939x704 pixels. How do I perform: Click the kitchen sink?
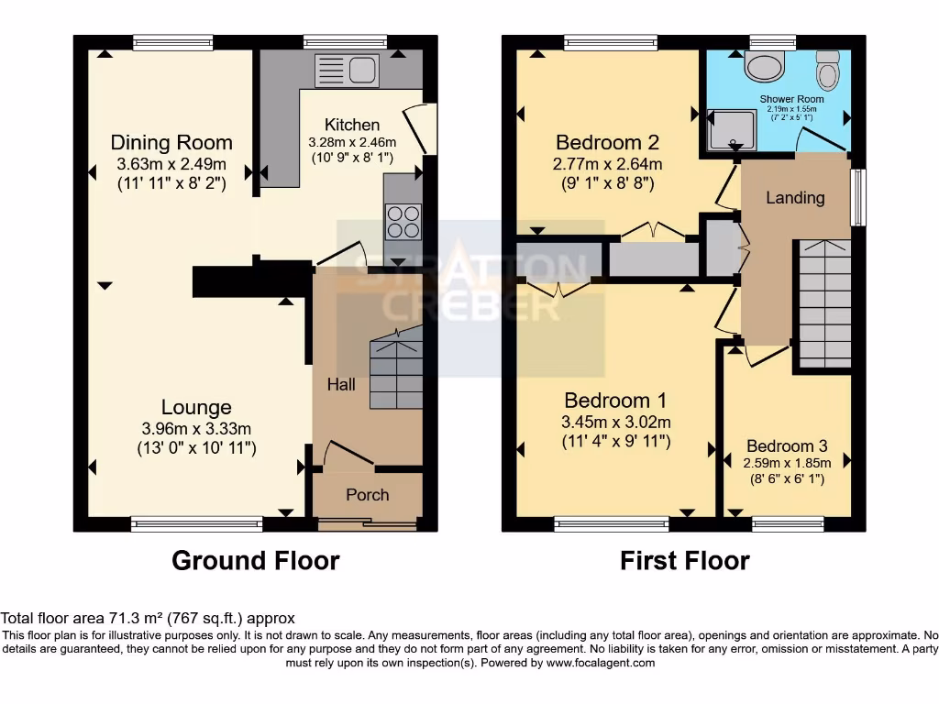click(347, 71)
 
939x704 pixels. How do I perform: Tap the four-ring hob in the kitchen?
click(403, 221)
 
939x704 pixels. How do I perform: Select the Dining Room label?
click(171, 143)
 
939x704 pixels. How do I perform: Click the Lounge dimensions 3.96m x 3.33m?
click(196, 428)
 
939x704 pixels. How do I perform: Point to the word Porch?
click(367, 495)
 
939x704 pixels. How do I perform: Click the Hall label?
click(341, 385)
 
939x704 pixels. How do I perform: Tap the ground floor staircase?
click(395, 373)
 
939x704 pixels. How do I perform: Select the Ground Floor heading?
click(256, 560)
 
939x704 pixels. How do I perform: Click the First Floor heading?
click(685, 560)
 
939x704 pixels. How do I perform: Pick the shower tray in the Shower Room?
click(731, 128)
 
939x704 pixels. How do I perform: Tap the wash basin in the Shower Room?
click(761, 64)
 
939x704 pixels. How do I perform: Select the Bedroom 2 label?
click(608, 143)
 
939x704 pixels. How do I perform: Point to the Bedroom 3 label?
click(787, 446)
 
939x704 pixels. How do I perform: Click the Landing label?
click(795, 198)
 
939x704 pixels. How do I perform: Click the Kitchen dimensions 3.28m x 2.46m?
click(352, 142)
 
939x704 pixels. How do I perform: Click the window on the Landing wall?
click(857, 196)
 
